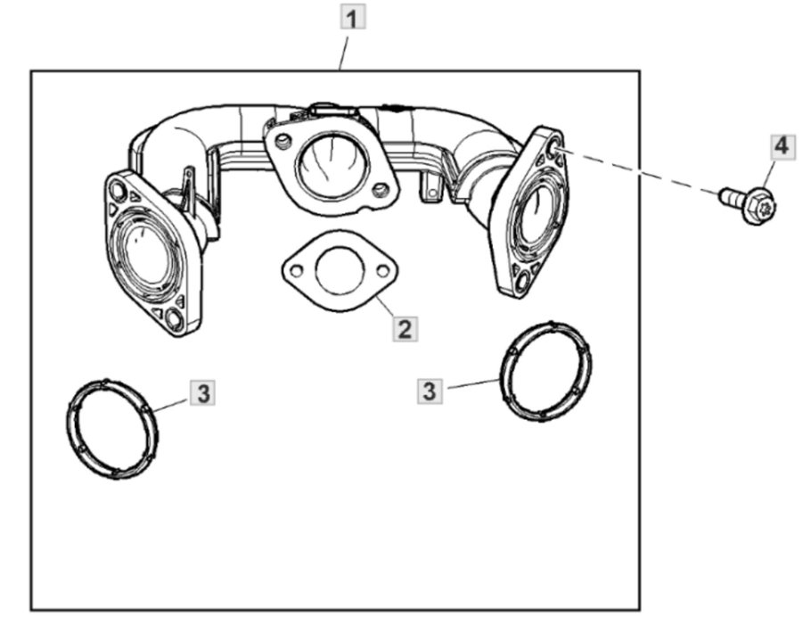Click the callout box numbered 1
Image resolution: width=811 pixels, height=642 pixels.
(x=355, y=17)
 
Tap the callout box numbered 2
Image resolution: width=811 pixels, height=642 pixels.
(x=404, y=329)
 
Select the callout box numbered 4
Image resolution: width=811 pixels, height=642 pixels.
(x=781, y=144)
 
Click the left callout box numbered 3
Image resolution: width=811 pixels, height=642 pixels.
(x=204, y=391)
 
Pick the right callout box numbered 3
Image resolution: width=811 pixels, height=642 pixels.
(x=430, y=390)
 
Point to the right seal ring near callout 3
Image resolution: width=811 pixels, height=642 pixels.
(x=545, y=371)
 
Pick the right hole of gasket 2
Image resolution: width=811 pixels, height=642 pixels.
(x=382, y=268)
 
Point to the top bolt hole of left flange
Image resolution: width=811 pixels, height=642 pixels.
(x=117, y=188)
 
